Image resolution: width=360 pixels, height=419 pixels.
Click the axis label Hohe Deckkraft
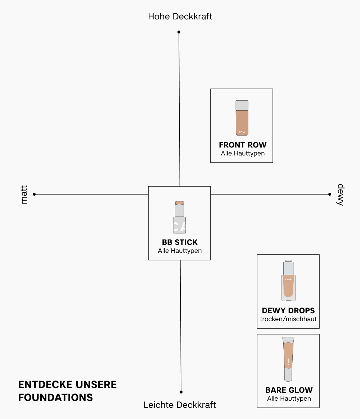[x=180, y=17]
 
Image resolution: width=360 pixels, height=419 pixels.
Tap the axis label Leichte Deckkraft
[x=180, y=405]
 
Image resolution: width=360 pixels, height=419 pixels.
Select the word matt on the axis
[x=24, y=195]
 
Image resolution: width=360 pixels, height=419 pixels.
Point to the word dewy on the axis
[x=340, y=195]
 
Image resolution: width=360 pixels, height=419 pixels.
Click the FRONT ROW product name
[x=243, y=145]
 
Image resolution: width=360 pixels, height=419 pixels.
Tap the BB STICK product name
[x=180, y=242]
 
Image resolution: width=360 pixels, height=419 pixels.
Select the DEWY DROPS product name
[x=288, y=311]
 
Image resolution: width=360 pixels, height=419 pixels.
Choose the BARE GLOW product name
[x=289, y=390]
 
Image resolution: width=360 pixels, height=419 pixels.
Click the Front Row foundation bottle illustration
[x=242, y=118]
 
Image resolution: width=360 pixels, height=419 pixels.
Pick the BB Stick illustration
[x=179, y=217]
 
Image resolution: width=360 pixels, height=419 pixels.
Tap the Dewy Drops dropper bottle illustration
[x=288, y=281]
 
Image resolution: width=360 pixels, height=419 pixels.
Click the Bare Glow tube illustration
[x=288, y=359]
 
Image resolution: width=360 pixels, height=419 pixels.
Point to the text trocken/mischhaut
[x=288, y=319]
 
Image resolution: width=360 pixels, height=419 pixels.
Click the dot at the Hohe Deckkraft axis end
[x=179, y=32]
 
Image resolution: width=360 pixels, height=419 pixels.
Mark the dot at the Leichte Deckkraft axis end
[x=181, y=392]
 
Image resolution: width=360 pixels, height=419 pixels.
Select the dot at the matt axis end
[x=34, y=194]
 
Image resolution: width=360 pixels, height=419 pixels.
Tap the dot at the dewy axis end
[x=330, y=194]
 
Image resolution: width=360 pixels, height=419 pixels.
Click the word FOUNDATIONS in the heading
[x=55, y=397]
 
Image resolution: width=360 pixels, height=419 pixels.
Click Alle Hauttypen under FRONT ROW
[x=243, y=154]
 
